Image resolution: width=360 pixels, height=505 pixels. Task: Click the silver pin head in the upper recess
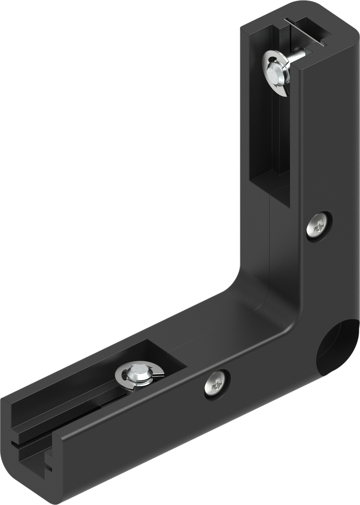(x=275, y=72)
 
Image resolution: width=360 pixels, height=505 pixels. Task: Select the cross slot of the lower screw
(x=216, y=383)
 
